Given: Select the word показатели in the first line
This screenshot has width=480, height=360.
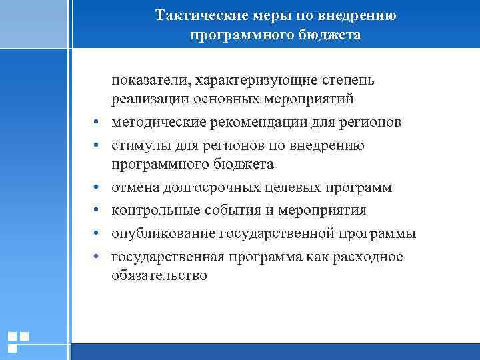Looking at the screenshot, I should (x=149, y=81).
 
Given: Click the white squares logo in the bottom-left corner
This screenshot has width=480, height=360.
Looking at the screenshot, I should (x=18, y=341).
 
